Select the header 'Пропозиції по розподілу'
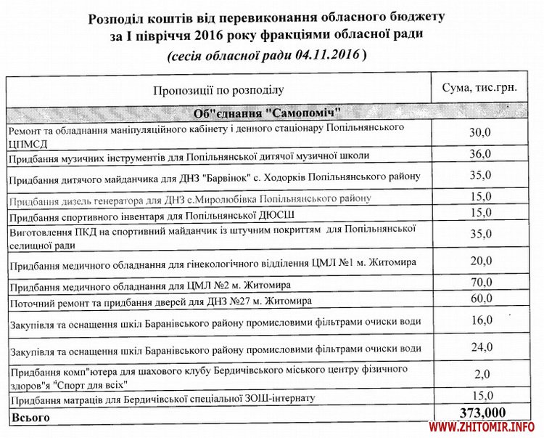[x=218, y=89]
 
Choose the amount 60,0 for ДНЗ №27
[x=479, y=298]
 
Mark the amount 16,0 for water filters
[x=479, y=320]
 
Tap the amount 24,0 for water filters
[x=479, y=347]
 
